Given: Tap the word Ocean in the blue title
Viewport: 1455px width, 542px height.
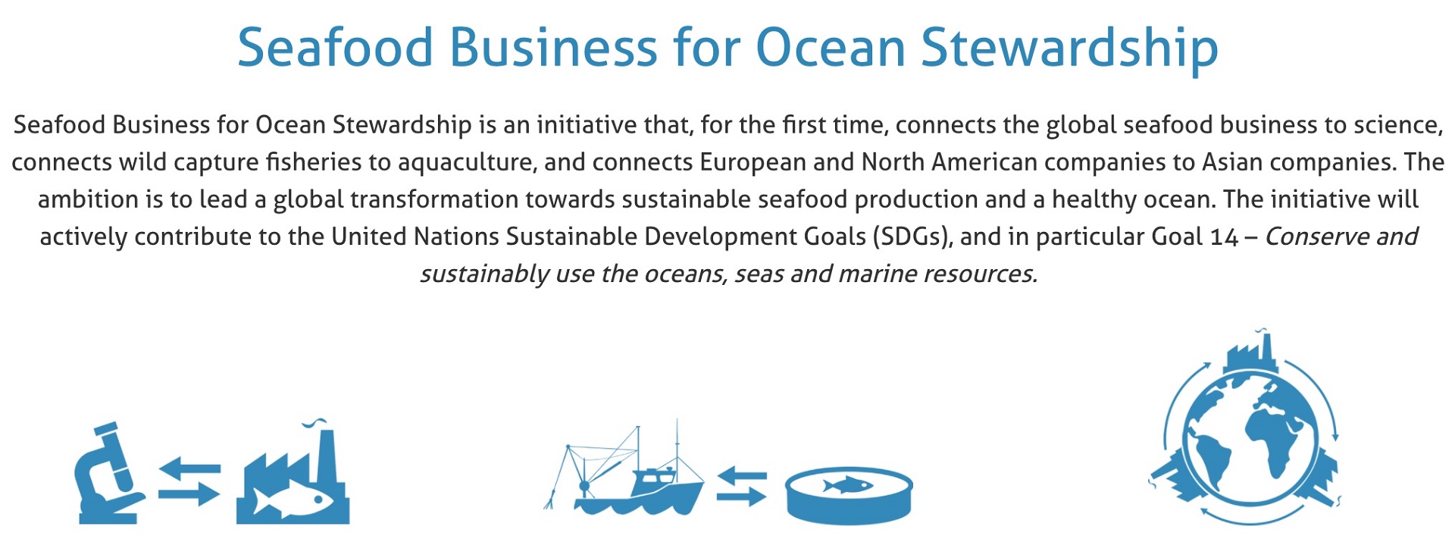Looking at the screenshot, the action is (x=831, y=48).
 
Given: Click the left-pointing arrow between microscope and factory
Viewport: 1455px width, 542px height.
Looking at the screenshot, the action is (x=189, y=468).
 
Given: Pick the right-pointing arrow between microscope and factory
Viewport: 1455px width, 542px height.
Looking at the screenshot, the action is (x=189, y=494).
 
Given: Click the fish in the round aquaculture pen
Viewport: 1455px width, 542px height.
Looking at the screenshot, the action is (x=847, y=485).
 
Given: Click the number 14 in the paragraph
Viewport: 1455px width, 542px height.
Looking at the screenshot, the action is (x=1225, y=237).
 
